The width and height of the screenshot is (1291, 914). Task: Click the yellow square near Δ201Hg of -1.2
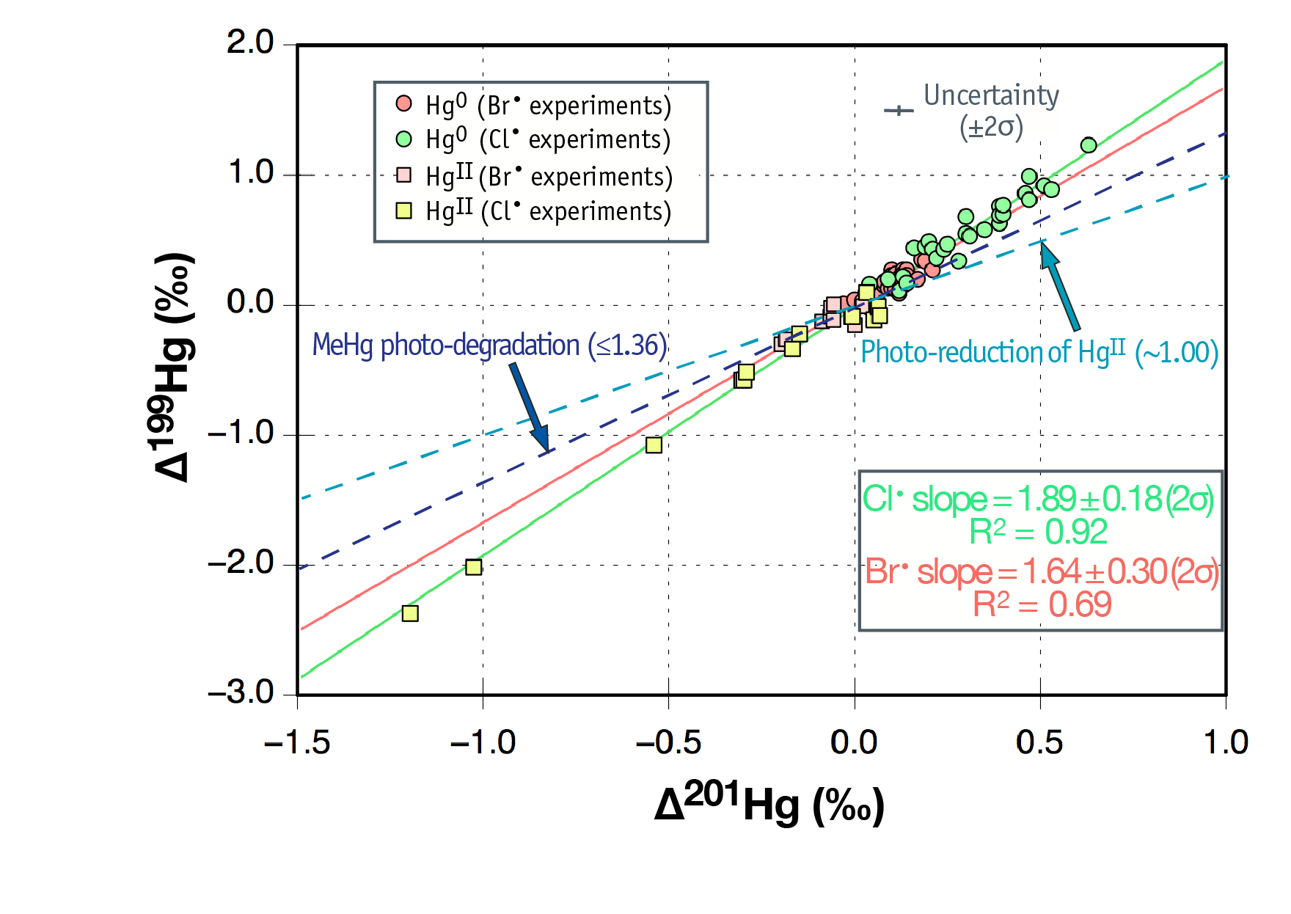410,613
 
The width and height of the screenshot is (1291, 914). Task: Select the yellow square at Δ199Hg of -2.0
474,567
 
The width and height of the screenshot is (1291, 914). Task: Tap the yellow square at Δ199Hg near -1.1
654,445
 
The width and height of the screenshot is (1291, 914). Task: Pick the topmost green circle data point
1089,145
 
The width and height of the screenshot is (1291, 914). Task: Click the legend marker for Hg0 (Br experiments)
403,103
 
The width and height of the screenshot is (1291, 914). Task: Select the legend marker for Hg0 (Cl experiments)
403,139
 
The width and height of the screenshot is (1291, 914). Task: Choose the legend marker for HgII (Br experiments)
403,175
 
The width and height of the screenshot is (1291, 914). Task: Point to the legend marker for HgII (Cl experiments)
403,211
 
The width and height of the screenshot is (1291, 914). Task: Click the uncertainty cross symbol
899,111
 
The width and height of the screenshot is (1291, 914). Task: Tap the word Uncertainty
991,95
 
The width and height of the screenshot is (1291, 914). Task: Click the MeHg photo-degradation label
489,345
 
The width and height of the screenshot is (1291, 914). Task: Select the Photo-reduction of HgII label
1039,352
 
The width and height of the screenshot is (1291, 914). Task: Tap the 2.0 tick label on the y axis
250,43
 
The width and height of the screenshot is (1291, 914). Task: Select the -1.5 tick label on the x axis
297,742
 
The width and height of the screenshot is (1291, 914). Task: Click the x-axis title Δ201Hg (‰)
769,805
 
